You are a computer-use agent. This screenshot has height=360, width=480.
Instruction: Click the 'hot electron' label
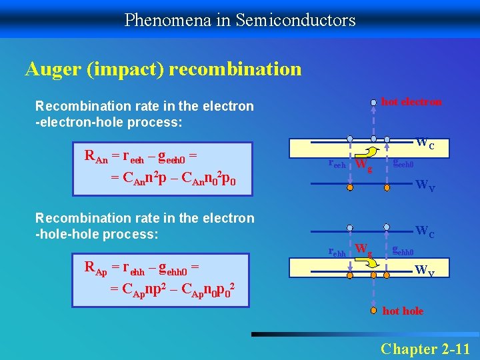click(411, 102)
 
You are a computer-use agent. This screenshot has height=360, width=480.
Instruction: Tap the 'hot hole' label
click(403, 311)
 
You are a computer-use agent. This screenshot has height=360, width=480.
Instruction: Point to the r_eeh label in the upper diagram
click(338, 164)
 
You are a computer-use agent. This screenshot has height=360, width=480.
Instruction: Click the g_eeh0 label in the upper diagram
click(403, 163)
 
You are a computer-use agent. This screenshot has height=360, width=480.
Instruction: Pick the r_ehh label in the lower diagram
click(337, 251)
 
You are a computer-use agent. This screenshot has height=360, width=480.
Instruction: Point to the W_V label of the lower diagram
click(425, 271)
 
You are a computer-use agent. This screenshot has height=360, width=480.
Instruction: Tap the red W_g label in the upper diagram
click(363, 164)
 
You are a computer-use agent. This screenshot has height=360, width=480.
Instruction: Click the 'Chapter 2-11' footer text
click(425, 349)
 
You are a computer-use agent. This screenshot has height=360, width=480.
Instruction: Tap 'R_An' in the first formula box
click(97, 157)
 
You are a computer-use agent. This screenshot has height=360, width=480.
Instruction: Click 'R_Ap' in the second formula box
click(97, 268)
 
